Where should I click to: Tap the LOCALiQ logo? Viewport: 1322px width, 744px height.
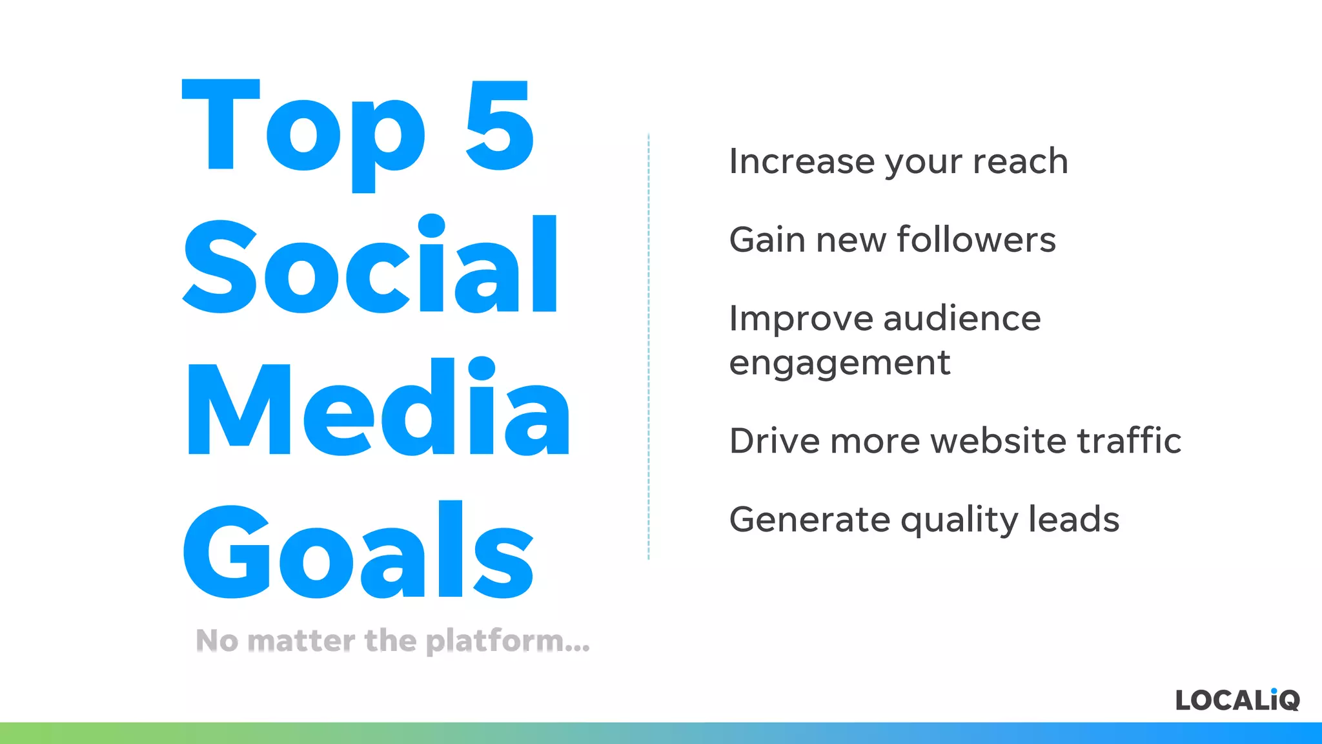(x=1237, y=700)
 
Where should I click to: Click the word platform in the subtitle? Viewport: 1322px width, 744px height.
(x=507, y=641)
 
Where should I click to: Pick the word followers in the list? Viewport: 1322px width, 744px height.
(x=976, y=240)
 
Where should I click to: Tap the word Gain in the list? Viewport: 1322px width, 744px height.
(x=768, y=240)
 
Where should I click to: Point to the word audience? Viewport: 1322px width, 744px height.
(x=962, y=318)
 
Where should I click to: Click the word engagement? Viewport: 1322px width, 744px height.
(x=839, y=364)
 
